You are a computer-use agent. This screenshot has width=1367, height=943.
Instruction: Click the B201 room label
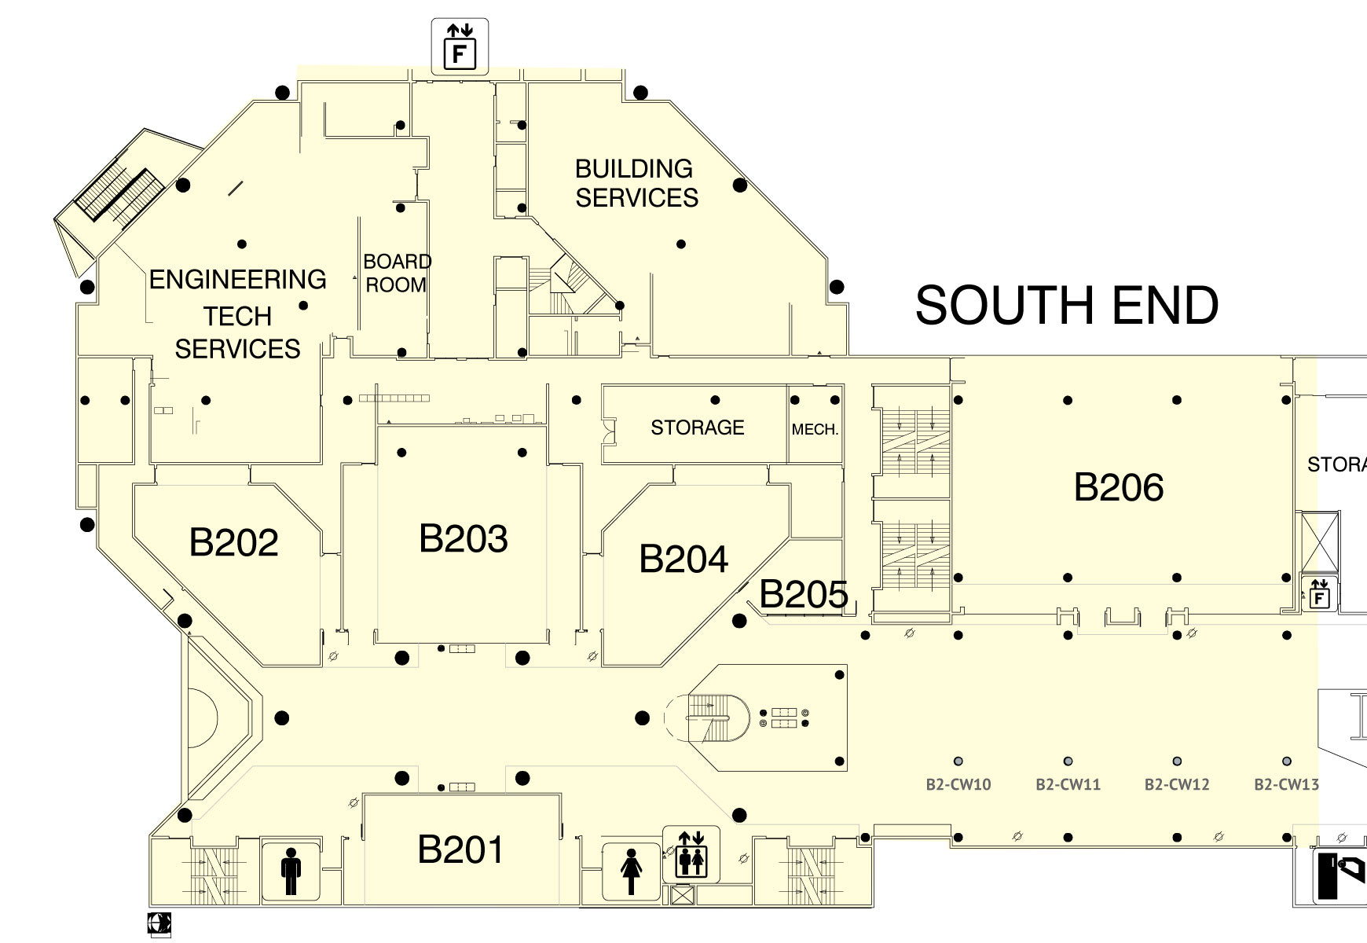pos(460,849)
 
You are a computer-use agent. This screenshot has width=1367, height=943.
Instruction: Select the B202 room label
pos(234,542)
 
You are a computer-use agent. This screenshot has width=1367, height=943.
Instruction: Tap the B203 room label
pos(464,538)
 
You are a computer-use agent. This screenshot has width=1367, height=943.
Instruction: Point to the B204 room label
pos(683,559)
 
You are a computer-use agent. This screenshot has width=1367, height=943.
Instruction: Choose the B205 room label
pos(804,594)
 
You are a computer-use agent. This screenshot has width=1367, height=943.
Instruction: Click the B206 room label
pos(1119,487)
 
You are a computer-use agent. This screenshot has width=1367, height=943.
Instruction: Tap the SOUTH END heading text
pos(1067,305)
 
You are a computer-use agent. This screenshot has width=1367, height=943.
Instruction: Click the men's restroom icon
pos(291,871)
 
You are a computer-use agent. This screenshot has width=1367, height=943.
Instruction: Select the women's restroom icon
pos(631,871)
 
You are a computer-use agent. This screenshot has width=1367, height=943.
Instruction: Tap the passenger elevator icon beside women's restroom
pos(691,854)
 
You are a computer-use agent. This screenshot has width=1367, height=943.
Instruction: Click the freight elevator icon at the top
pos(460,47)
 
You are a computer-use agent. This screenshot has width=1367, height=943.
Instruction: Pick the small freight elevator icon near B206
pos(1320,593)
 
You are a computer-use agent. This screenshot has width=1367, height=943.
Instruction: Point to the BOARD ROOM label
pos(397,273)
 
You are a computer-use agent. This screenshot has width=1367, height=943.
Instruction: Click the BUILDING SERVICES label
pos(636,183)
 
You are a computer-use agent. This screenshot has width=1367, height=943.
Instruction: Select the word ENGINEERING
pos(237,279)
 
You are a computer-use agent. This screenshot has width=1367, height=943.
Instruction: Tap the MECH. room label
pos(815,430)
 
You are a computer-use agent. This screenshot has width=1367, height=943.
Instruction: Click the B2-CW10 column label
pos(958,784)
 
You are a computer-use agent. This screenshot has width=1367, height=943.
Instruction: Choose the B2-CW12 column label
pos(1177,784)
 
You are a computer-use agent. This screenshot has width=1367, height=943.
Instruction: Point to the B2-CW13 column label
pos(1286,784)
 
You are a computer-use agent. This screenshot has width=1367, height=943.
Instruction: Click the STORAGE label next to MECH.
pos(698,427)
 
